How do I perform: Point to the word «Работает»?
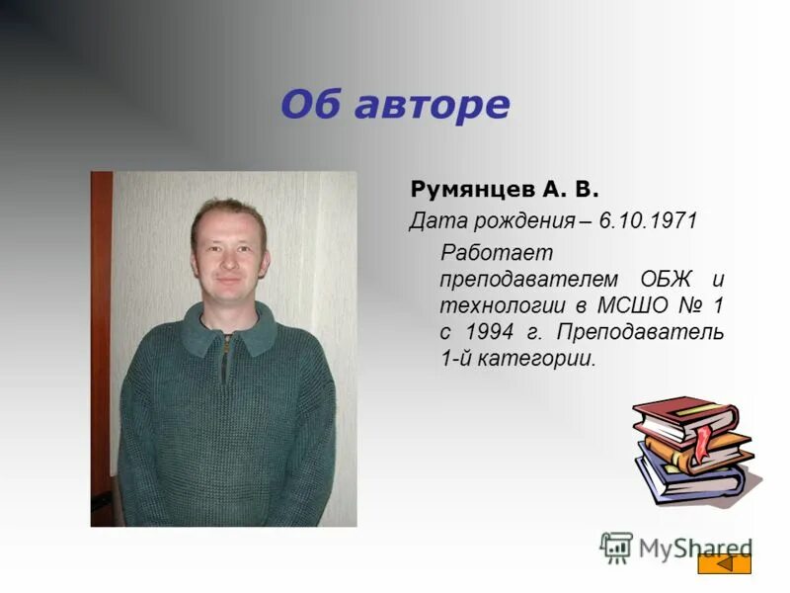click(x=484, y=253)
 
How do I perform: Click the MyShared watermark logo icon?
click(x=617, y=547)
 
